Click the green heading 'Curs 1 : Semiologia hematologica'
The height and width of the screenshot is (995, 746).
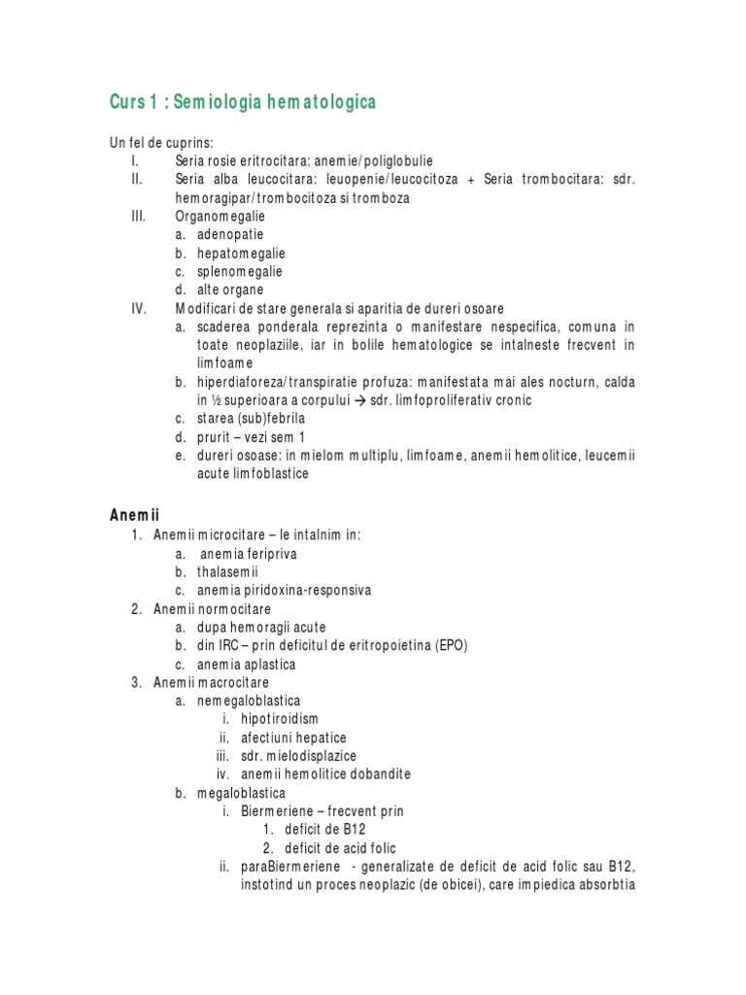point(243,102)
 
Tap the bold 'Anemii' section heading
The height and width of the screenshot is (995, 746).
point(134,515)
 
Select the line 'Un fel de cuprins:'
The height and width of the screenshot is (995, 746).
point(161,143)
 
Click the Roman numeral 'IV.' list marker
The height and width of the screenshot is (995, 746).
point(138,308)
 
